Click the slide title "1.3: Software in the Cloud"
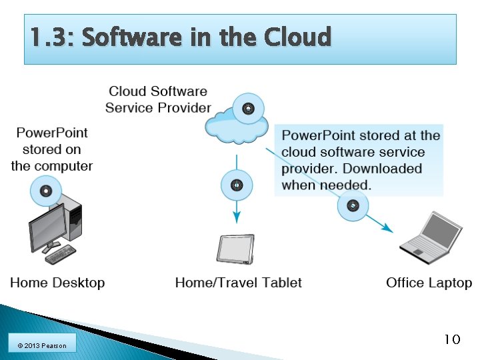tap(180, 38)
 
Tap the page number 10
tap(452, 340)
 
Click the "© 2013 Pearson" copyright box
tap(42, 345)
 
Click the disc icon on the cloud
tap(248, 108)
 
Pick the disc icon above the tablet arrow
tap(237, 185)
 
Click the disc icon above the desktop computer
tap(46, 191)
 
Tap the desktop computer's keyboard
tap(61, 254)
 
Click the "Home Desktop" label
tap(57, 283)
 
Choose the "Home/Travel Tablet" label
tap(238, 283)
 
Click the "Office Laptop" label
tap(429, 283)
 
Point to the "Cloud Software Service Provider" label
tap(158, 99)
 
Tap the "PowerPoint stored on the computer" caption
tap(52, 149)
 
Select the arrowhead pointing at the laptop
tap(388, 228)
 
